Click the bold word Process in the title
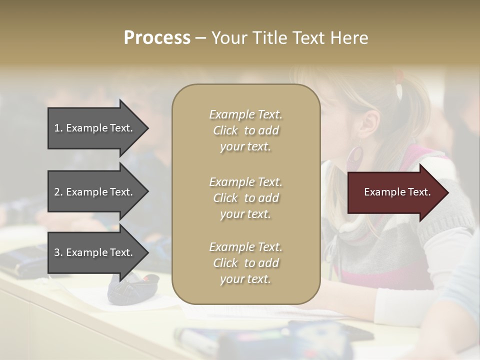click(x=157, y=38)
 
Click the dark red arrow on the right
click(x=395, y=192)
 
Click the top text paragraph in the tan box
click(x=245, y=130)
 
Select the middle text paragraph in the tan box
click(x=245, y=198)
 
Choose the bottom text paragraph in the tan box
click(x=245, y=263)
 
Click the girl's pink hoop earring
click(x=356, y=159)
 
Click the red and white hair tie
click(x=399, y=85)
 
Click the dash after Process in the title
click(x=201, y=38)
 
